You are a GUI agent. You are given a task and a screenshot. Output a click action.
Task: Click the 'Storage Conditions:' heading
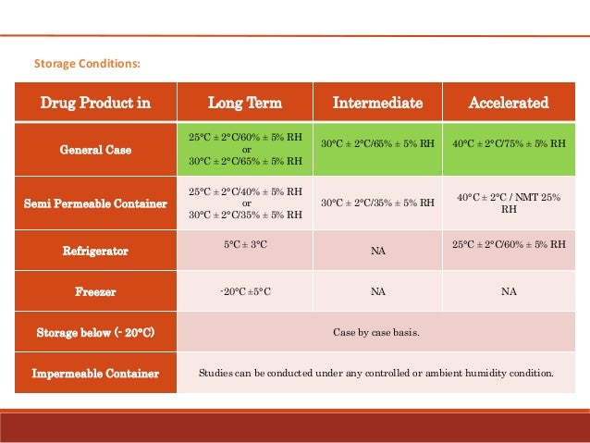(x=87, y=64)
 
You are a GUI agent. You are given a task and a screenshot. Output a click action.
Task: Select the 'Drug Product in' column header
(x=95, y=103)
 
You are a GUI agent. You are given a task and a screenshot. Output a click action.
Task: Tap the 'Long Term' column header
(x=244, y=103)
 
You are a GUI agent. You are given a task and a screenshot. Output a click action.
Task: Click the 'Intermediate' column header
(x=377, y=103)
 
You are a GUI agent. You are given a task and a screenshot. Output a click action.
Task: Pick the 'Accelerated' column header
(x=508, y=103)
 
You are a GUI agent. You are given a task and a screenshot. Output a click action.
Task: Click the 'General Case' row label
(x=95, y=149)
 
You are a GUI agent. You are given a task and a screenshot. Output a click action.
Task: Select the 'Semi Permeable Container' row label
(x=95, y=203)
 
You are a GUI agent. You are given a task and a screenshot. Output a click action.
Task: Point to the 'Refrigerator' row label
(x=95, y=250)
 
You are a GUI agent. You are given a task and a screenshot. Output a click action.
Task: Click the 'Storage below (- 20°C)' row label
(x=95, y=332)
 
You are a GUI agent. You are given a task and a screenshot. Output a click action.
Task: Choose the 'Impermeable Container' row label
(x=95, y=374)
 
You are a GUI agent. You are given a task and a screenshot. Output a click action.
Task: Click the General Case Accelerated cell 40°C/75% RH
(x=509, y=144)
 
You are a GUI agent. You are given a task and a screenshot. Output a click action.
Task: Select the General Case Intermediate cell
(x=377, y=144)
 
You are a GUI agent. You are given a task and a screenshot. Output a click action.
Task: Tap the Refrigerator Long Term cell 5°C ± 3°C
(x=245, y=245)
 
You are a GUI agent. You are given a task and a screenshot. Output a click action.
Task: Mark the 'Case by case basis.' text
(x=376, y=332)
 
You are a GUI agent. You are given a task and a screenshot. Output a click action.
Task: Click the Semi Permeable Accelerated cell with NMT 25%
(x=509, y=203)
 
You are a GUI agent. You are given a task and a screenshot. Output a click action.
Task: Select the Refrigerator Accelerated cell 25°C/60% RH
(x=509, y=245)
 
